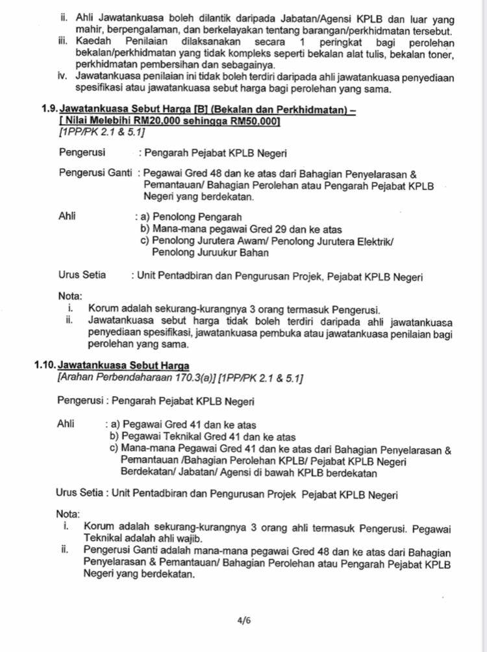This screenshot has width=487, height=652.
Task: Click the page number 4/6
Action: click(x=244, y=620)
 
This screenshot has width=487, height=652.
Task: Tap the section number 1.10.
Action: click(x=46, y=365)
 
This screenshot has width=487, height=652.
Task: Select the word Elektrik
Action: click(x=376, y=241)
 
